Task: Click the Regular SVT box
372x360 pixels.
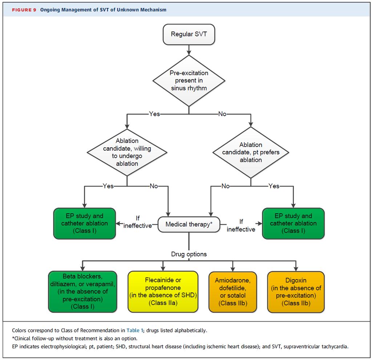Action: (189, 34)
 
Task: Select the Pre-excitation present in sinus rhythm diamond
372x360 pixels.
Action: (189, 81)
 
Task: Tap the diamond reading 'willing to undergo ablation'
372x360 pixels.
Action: (127, 152)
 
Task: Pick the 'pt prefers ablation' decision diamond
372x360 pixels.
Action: (251, 152)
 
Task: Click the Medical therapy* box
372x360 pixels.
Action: (189, 224)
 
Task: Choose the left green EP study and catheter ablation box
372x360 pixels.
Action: (84, 223)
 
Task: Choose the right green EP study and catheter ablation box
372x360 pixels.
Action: (293, 223)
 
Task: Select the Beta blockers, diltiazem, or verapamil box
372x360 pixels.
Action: (82, 291)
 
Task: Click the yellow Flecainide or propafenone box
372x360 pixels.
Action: (163, 291)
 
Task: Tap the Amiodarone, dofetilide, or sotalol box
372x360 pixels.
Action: (233, 292)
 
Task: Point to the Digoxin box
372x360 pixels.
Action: (296, 292)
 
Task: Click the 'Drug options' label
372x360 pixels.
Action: (189, 254)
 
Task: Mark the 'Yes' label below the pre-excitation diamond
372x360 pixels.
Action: (154, 114)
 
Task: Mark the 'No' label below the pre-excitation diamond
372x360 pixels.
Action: (222, 114)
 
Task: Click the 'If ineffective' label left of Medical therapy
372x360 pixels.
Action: (138, 222)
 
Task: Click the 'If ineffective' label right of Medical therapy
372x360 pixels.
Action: (241, 225)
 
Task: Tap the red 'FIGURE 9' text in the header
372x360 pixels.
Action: (24, 10)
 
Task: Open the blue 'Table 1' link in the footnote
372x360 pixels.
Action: (135, 330)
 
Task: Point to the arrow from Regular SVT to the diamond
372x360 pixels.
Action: (189, 50)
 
